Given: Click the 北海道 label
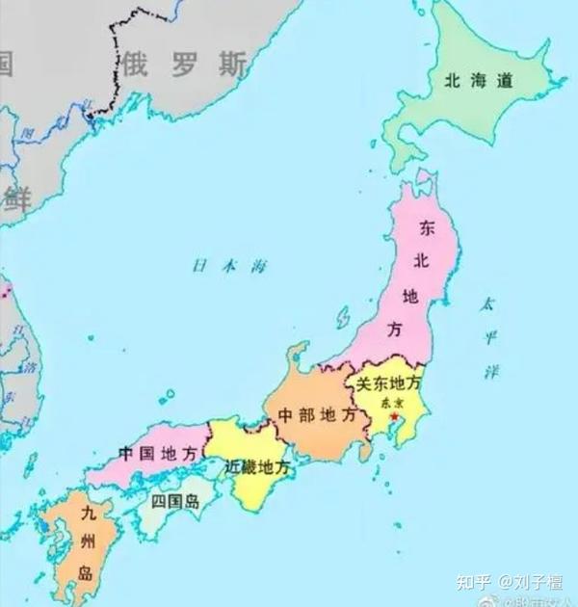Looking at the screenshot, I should pyautogui.click(x=478, y=82).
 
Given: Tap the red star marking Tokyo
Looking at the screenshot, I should pyautogui.click(x=393, y=415).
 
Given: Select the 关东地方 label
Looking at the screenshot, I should pyautogui.click(x=389, y=383).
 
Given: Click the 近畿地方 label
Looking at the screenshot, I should pyautogui.click(x=256, y=466).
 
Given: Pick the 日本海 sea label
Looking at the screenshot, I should pyautogui.click(x=227, y=266).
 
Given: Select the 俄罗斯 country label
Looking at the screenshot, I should pyautogui.click(x=183, y=65).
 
